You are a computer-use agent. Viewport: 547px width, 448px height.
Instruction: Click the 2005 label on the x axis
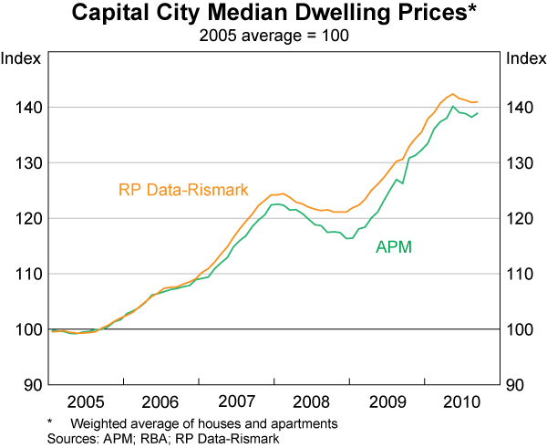84,401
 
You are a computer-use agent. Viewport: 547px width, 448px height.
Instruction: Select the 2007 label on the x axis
235,401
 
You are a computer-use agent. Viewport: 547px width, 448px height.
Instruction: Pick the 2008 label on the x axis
311,401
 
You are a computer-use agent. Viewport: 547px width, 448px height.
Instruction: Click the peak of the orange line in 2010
453,94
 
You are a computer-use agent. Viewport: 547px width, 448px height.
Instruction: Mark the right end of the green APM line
479,113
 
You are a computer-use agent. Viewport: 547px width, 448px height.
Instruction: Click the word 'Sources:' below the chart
69,438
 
